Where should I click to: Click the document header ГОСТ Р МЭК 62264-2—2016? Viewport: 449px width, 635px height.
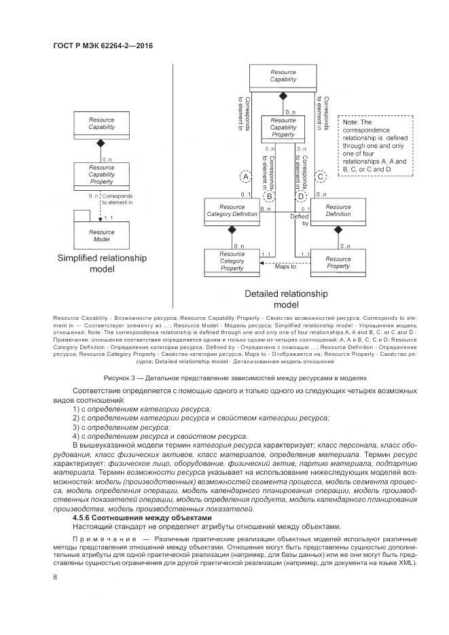(102, 46)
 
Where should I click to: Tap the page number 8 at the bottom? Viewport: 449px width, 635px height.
(55, 577)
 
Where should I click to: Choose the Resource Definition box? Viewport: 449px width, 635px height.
(338, 210)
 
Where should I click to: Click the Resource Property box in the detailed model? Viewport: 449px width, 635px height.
(338, 262)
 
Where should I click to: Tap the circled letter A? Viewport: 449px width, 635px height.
(246, 177)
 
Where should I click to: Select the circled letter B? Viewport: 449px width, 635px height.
(269, 196)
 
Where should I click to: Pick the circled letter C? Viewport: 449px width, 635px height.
(321, 177)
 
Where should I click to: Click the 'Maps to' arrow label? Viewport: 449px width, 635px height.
(285, 267)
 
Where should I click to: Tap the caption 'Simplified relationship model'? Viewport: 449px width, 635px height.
(102, 264)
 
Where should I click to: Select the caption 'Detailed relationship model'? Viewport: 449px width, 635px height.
(285, 300)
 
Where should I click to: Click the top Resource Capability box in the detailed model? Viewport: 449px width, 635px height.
(283, 75)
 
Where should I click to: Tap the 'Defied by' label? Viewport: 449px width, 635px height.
(300, 219)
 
